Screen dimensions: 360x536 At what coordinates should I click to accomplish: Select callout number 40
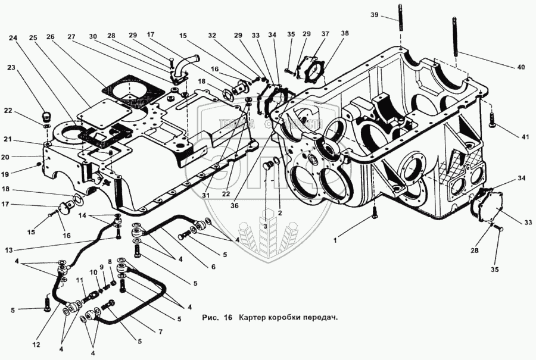coord(521,67)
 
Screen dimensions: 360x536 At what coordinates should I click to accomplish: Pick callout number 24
coord(13,39)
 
